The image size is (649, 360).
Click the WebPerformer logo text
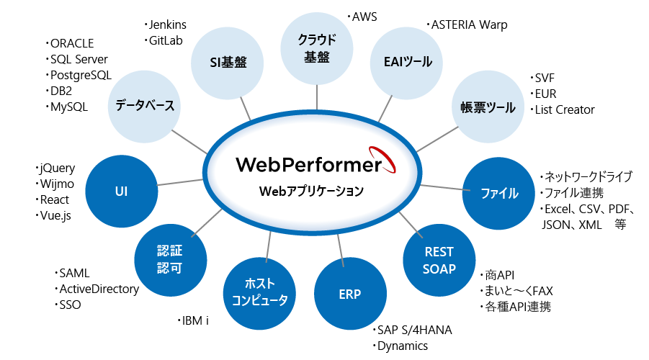(309, 164)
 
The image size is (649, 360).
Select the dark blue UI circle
(122, 192)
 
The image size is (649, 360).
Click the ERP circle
(350, 294)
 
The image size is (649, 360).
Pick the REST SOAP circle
(439, 260)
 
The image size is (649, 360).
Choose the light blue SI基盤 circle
(228, 63)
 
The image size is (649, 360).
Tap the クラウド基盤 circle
(317, 48)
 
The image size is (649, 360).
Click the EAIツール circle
(406, 63)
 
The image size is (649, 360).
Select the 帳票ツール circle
(488, 107)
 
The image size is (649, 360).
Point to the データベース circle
(145, 107)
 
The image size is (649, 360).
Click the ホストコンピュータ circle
(259, 293)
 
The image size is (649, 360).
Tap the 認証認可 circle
(171, 260)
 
